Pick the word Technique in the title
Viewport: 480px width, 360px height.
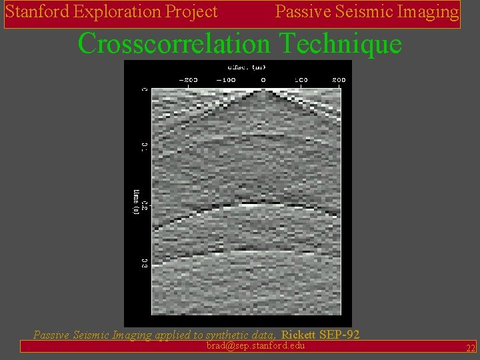(341, 44)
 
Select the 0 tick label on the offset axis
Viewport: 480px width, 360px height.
(263, 80)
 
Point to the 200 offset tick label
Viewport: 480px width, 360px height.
(339, 80)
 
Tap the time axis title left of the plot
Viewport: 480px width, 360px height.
(137, 202)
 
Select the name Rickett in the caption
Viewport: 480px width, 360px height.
(299, 335)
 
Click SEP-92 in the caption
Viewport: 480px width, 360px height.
(340, 335)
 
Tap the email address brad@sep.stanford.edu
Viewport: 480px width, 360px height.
(256, 345)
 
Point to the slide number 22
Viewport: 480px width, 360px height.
(471, 348)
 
